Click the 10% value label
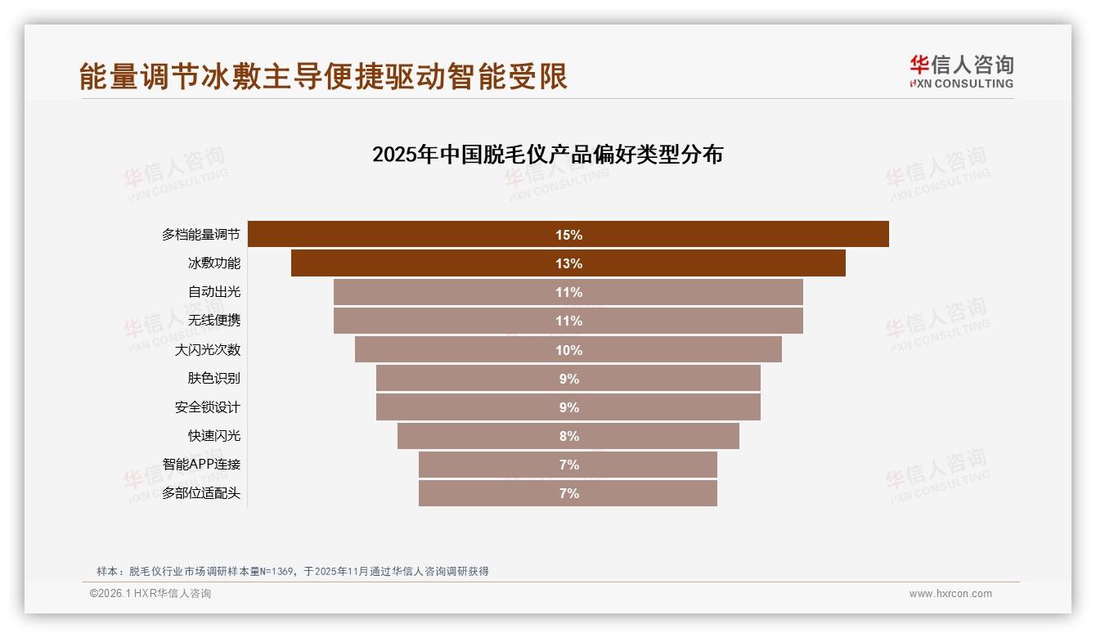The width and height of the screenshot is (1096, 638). click(568, 350)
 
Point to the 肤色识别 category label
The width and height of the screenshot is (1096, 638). click(214, 379)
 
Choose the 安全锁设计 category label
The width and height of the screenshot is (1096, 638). click(208, 407)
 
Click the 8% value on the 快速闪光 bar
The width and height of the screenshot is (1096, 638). click(568, 436)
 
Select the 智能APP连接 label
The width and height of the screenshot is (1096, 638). click(201, 465)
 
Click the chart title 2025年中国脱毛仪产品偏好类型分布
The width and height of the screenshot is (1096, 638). click(547, 155)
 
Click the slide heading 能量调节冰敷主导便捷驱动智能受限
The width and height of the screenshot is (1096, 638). click(324, 76)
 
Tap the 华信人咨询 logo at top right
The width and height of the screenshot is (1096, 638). click(961, 71)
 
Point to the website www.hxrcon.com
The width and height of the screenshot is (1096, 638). click(950, 594)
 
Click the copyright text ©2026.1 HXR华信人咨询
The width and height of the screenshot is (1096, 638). click(150, 594)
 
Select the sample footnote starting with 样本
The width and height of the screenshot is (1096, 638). click(293, 571)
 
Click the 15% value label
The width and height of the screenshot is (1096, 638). click(568, 235)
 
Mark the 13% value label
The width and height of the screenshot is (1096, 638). click(568, 263)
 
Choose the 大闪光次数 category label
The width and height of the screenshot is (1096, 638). click(208, 350)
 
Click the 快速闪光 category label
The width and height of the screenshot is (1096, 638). click(214, 436)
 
